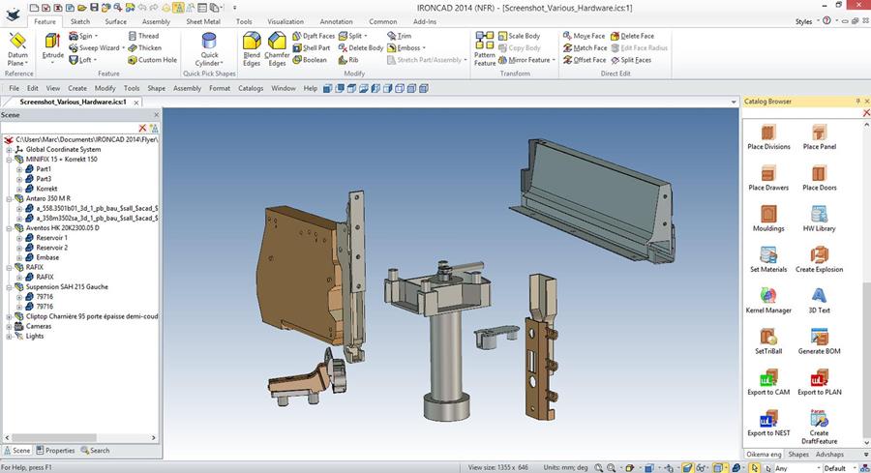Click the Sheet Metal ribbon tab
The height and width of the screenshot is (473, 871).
coord(201,20)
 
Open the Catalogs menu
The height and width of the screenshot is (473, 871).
coord(251,88)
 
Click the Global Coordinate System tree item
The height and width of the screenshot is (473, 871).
coord(63,149)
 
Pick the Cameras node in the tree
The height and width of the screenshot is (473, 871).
coord(39,326)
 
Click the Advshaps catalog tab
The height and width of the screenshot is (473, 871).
coord(829,454)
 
